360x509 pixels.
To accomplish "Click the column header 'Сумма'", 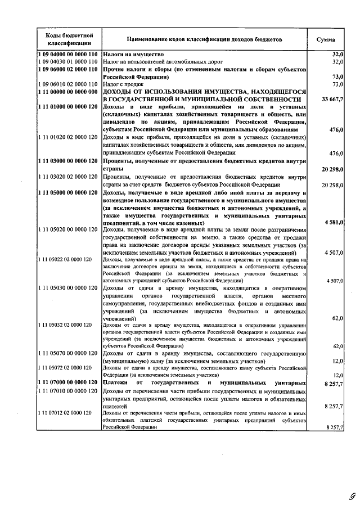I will (x=326, y=39).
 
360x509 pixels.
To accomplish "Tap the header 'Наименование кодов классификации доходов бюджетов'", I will (x=204, y=39).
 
